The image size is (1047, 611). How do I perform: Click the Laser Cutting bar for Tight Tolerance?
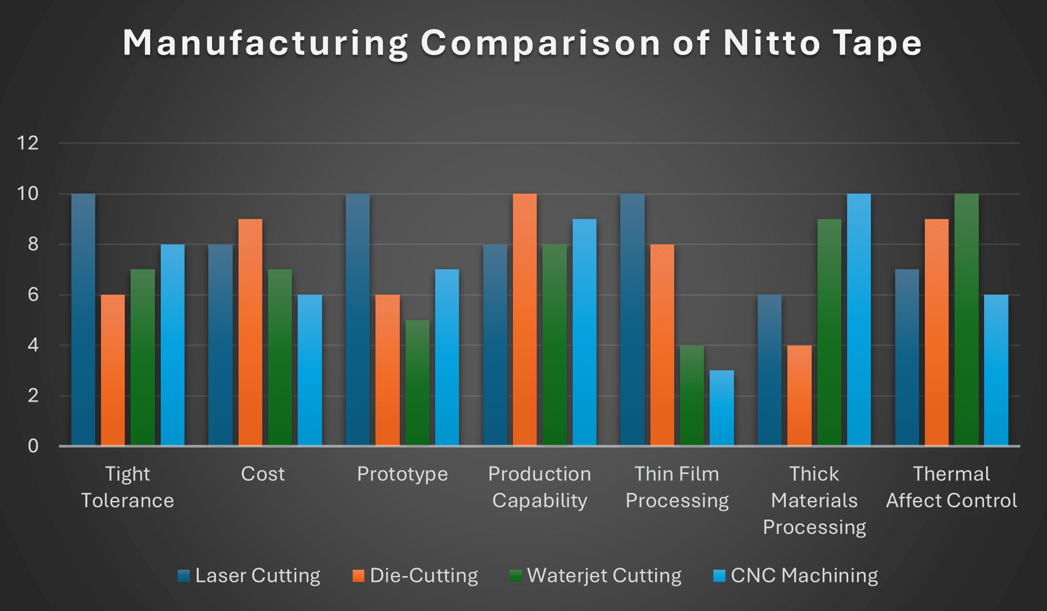(84, 320)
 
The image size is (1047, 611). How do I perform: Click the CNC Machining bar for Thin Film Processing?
(721, 408)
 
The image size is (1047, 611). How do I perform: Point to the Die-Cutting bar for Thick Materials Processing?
(799, 395)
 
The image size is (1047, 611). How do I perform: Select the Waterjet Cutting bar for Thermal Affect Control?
(966, 320)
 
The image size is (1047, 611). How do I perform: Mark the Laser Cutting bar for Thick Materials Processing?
(769, 370)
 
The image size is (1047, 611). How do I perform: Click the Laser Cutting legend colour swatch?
(183, 576)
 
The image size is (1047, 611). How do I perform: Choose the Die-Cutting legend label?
(424, 576)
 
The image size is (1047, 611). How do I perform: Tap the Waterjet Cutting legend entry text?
(604, 576)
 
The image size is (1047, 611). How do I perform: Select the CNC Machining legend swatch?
(719, 576)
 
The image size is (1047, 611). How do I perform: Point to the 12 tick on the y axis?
(28, 143)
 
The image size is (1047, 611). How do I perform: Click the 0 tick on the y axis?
(33, 446)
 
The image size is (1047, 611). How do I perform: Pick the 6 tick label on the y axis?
(33, 295)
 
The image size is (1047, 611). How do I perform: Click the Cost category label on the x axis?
(263, 474)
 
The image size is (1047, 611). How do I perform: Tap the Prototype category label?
(402, 474)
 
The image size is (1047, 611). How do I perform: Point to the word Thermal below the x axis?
(951, 474)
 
